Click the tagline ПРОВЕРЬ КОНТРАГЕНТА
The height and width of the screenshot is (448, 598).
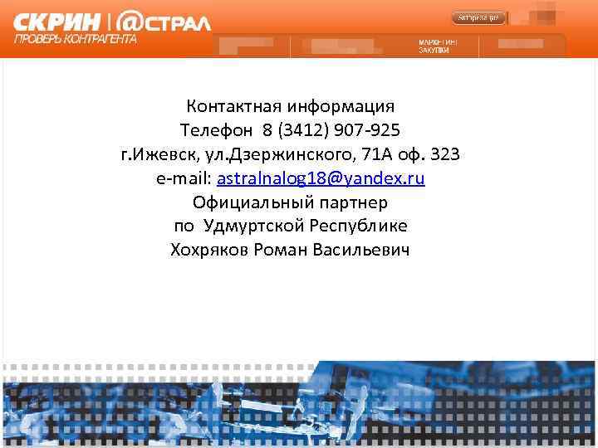coord(76,38)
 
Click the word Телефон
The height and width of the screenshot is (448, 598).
coord(217,130)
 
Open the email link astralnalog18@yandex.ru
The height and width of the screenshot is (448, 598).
coord(321,178)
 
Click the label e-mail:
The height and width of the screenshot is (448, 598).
coord(184,178)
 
